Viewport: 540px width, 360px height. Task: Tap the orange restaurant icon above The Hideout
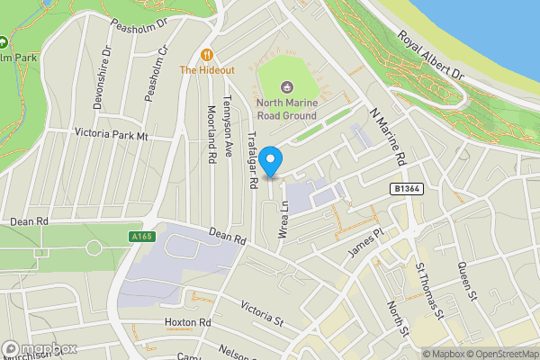[207, 54]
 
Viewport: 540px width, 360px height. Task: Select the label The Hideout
[207, 69]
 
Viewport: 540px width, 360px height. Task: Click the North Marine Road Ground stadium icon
[286, 87]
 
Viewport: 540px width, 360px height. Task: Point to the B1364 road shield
[408, 189]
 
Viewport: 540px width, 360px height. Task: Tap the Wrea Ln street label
[282, 219]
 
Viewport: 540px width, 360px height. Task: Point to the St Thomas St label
[429, 290]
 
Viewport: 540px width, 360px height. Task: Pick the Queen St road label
[465, 277]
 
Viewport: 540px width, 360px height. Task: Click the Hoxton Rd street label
[187, 322]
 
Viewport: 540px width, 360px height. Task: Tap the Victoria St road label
[262, 313]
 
